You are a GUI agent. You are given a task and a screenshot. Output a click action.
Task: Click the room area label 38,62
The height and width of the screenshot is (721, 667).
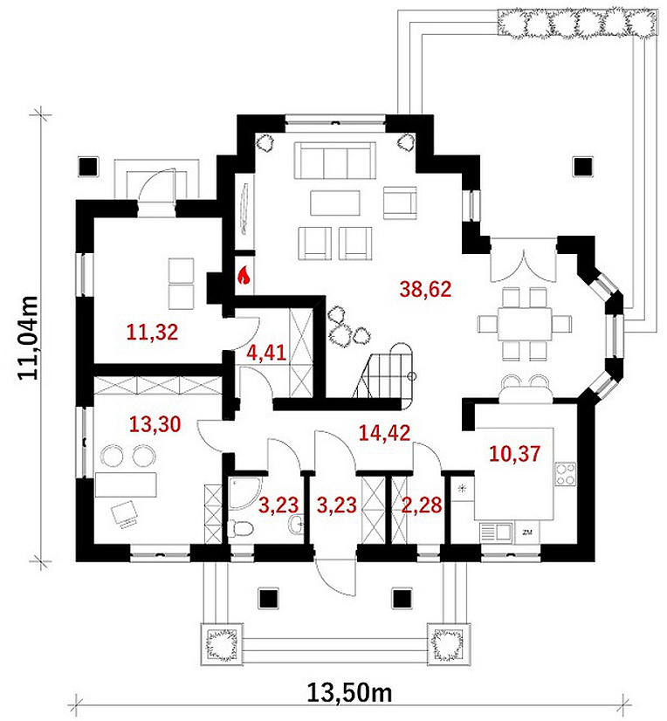(x=425, y=289)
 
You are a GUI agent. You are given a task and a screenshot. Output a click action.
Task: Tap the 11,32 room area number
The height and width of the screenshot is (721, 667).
(x=152, y=332)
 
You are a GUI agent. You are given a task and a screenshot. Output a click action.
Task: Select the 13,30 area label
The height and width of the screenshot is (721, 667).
(x=155, y=424)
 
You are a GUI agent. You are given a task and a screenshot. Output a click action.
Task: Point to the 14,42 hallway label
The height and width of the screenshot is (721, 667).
(x=384, y=433)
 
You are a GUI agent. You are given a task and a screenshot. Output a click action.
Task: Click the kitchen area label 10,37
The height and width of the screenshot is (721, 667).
(x=515, y=453)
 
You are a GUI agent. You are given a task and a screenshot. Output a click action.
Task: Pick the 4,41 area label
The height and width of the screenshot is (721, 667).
(x=266, y=353)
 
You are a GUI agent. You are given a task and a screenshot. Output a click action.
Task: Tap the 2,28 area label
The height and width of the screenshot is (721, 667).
(x=422, y=505)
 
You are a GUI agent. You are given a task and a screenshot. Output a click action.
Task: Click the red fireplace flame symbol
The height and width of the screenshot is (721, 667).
(x=244, y=275)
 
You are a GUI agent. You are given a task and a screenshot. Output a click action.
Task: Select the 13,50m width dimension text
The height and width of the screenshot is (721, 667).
(x=349, y=692)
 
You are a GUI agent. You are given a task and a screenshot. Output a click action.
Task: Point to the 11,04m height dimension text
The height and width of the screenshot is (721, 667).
(x=28, y=338)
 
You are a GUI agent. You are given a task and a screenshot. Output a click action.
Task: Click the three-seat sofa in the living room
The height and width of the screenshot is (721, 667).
(x=335, y=161)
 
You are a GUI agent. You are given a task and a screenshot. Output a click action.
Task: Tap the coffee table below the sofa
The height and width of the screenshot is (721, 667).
(x=335, y=203)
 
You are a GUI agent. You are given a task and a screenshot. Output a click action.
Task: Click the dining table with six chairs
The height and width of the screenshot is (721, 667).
(x=525, y=324)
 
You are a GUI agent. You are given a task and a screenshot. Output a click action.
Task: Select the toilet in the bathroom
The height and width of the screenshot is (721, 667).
(x=241, y=527)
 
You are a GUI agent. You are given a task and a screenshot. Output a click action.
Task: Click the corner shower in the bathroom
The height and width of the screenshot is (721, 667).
(x=244, y=493)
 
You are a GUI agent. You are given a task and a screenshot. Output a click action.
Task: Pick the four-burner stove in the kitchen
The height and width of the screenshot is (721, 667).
(x=566, y=474)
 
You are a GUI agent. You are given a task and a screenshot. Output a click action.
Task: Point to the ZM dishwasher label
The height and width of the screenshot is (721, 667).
(x=527, y=532)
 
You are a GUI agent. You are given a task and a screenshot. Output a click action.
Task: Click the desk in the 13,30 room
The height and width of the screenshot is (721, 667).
(x=126, y=484)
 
